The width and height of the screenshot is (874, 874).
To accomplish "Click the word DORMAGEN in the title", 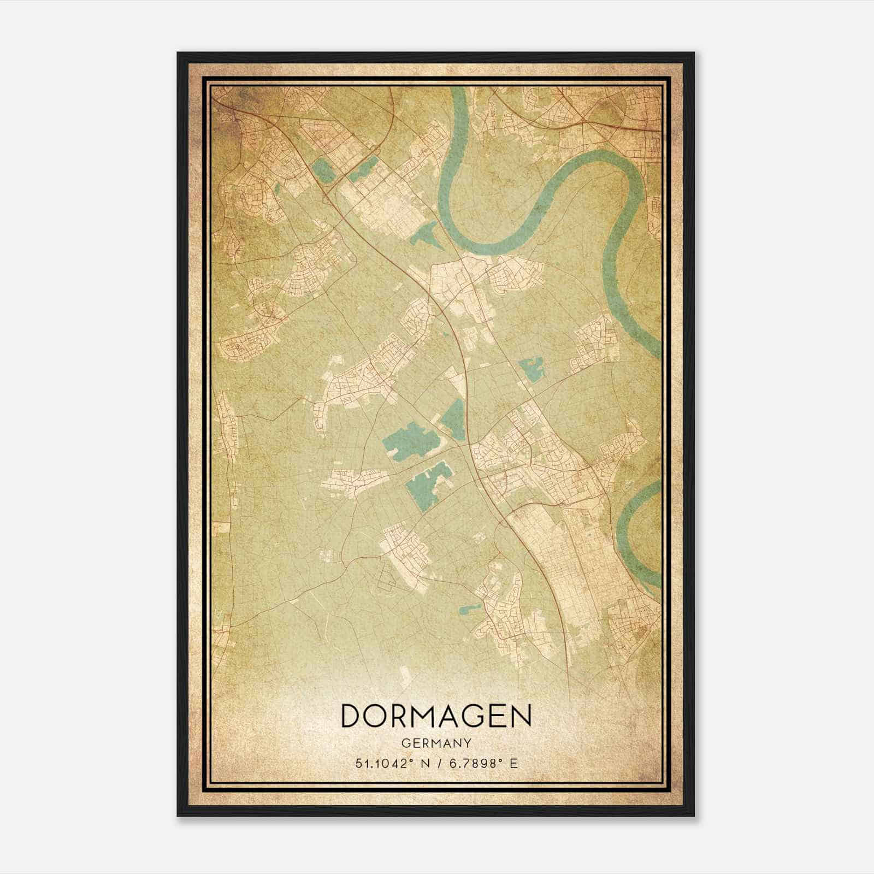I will [x=436, y=716].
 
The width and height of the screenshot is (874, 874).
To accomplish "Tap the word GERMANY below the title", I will [x=436, y=743].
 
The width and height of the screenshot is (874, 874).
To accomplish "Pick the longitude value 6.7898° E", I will [x=482, y=764].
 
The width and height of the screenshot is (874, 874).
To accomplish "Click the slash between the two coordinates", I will [x=438, y=764].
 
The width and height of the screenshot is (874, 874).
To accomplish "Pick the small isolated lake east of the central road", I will [x=530, y=369].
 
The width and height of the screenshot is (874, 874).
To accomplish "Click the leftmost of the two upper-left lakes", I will [x=324, y=170].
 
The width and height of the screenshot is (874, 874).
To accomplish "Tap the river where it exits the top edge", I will [x=458, y=96].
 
